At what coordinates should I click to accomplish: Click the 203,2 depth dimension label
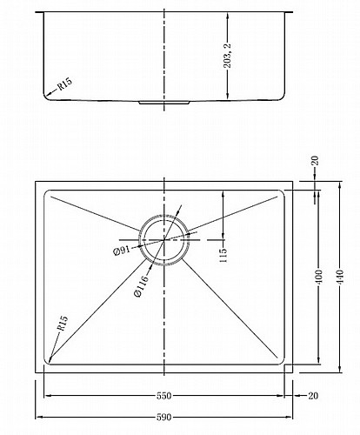point(228,57)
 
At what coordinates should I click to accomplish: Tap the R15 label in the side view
point(64,84)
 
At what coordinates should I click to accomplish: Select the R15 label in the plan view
point(63,323)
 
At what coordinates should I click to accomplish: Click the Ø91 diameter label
point(122,251)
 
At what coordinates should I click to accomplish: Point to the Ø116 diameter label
point(142,285)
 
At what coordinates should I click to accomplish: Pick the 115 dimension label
point(223,255)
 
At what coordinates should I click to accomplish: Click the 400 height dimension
point(318,277)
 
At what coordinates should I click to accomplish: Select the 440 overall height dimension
point(340,277)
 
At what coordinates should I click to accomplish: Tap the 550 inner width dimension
point(163,396)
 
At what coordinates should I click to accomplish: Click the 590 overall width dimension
point(163,418)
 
